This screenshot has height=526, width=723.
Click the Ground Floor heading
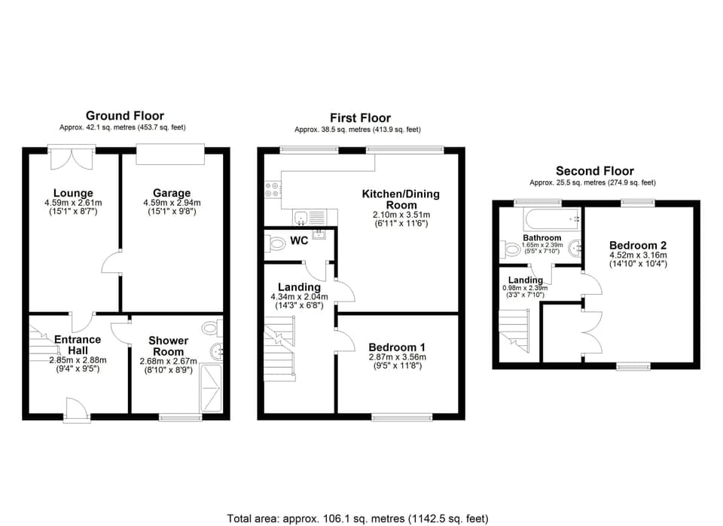(x=124, y=115)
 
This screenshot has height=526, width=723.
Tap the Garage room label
(x=172, y=193)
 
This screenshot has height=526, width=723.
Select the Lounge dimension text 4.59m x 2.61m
(x=73, y=203)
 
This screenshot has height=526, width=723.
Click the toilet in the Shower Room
(x=211, y=328)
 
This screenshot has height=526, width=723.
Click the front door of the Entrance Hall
(x=75, y=411)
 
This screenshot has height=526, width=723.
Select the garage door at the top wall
(x=170, y=154)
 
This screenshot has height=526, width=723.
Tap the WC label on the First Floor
(x=298, y=243)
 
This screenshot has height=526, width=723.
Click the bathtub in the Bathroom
(x=549, y=219)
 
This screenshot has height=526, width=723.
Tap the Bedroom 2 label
(x=638, y=245)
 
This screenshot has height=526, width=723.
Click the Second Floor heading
(x=594, y=171)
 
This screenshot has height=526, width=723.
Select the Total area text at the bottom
(x=358, y=518)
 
